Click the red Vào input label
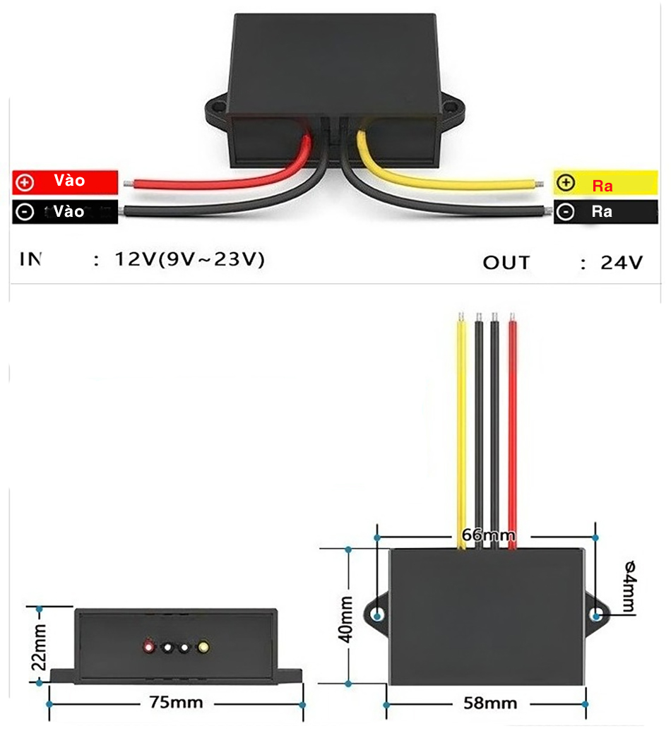click(x=65, y=182)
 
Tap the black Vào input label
click(x=65, y=212)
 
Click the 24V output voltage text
click(x=622, y=263)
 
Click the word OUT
click(x=506, y=263)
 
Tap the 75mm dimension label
click(x=176, y=703)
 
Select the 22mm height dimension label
click(x=40, y=646)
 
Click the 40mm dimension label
click(x=346, y=619)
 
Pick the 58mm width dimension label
click(x=490, y=703)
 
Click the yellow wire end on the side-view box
click(x=203, y=646)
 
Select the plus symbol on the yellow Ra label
click(x=566, y=183)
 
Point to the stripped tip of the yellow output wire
click(x=538, y=184)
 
